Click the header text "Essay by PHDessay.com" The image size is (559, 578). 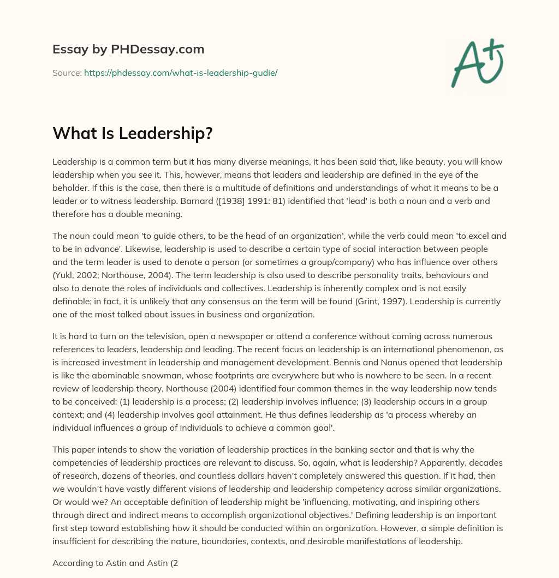point(128,50)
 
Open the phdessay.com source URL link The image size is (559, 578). point(181,73)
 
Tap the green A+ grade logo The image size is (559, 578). point(477,63)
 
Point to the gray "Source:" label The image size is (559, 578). point(67,73)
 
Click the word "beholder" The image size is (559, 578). point(72,188)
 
